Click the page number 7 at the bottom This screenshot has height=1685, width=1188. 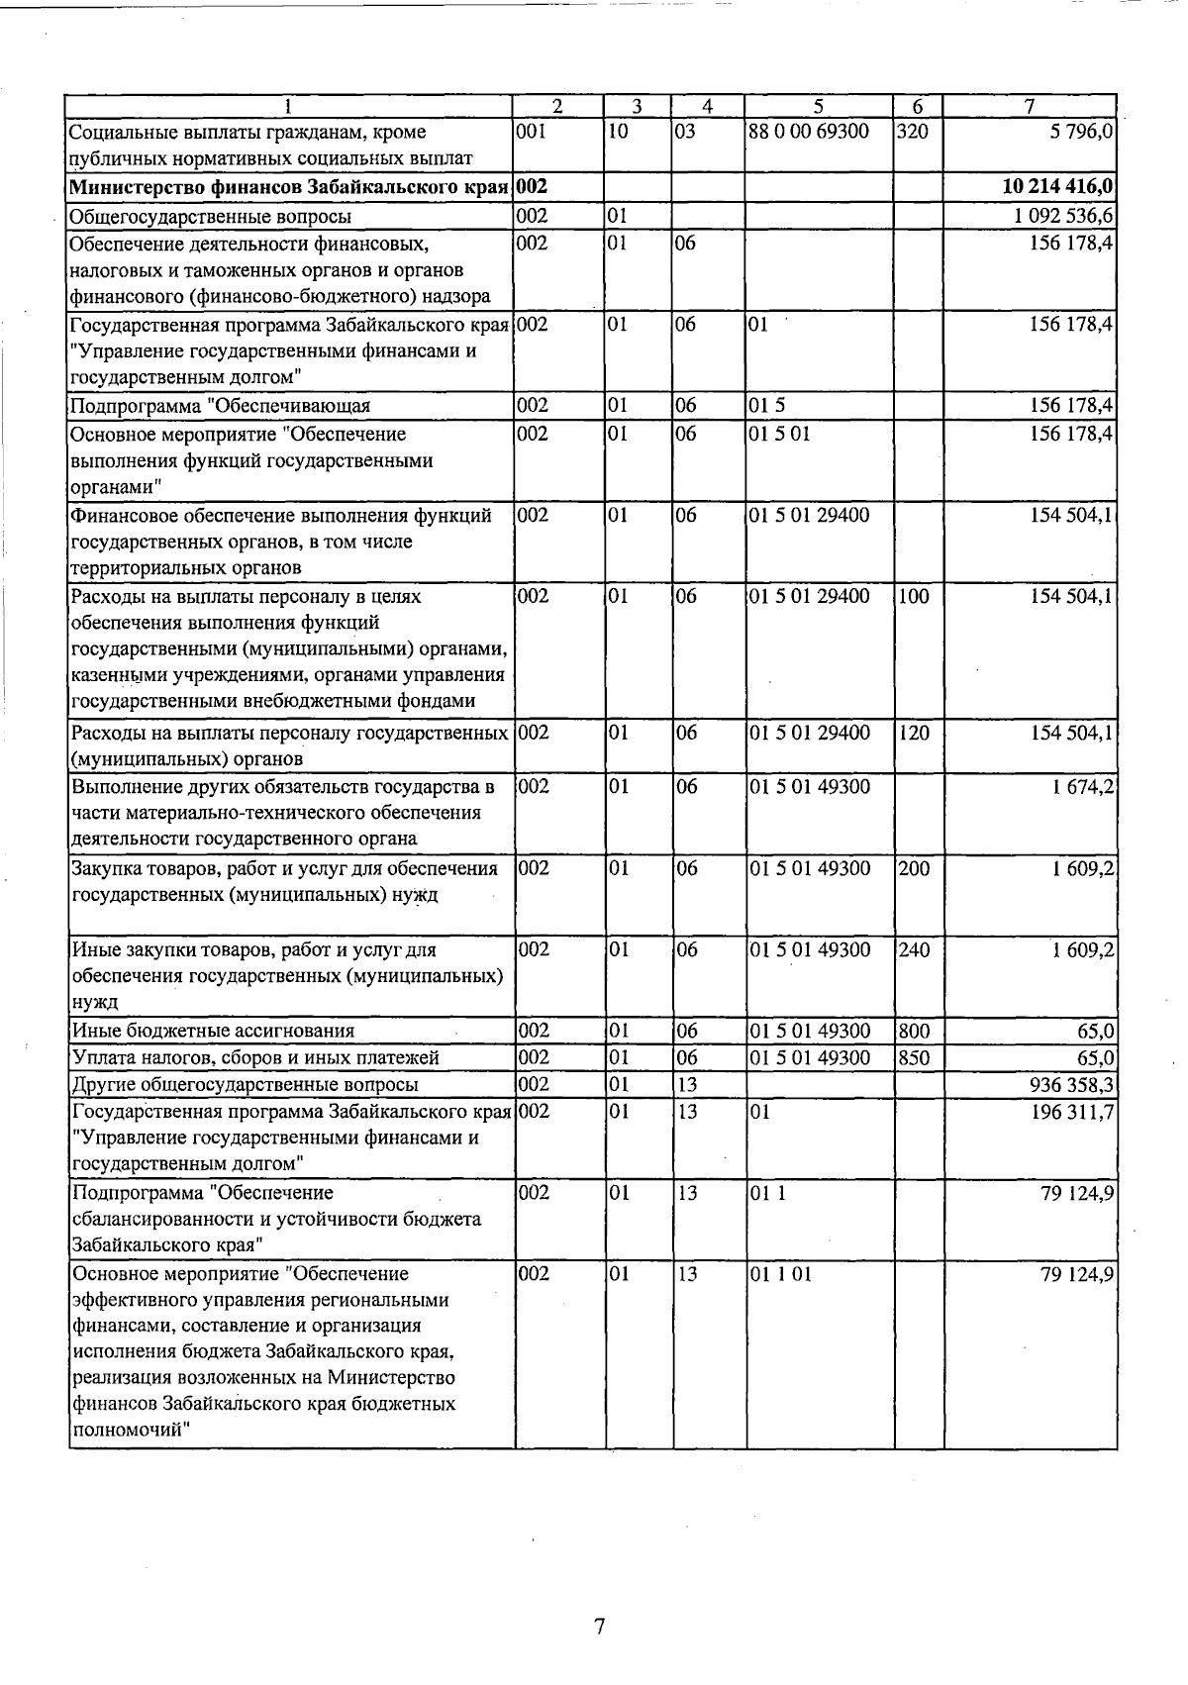[x=599, y=1626]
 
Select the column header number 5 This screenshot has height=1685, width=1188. [x=819, y=106]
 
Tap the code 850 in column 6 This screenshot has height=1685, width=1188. [x=914, y=1058]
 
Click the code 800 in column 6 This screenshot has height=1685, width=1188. [x=914, y=1032]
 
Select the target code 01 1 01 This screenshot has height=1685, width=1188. [x=780, y=1274]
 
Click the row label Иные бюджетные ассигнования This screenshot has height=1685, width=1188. [x=213, y=1032]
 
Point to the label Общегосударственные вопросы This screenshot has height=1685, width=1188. [x=210, y=216]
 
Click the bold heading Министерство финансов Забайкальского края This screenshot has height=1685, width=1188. [x=289, y=187]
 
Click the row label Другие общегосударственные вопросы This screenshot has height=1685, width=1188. [x=245, y=1085]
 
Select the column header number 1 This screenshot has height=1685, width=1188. [x=288, y=106]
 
